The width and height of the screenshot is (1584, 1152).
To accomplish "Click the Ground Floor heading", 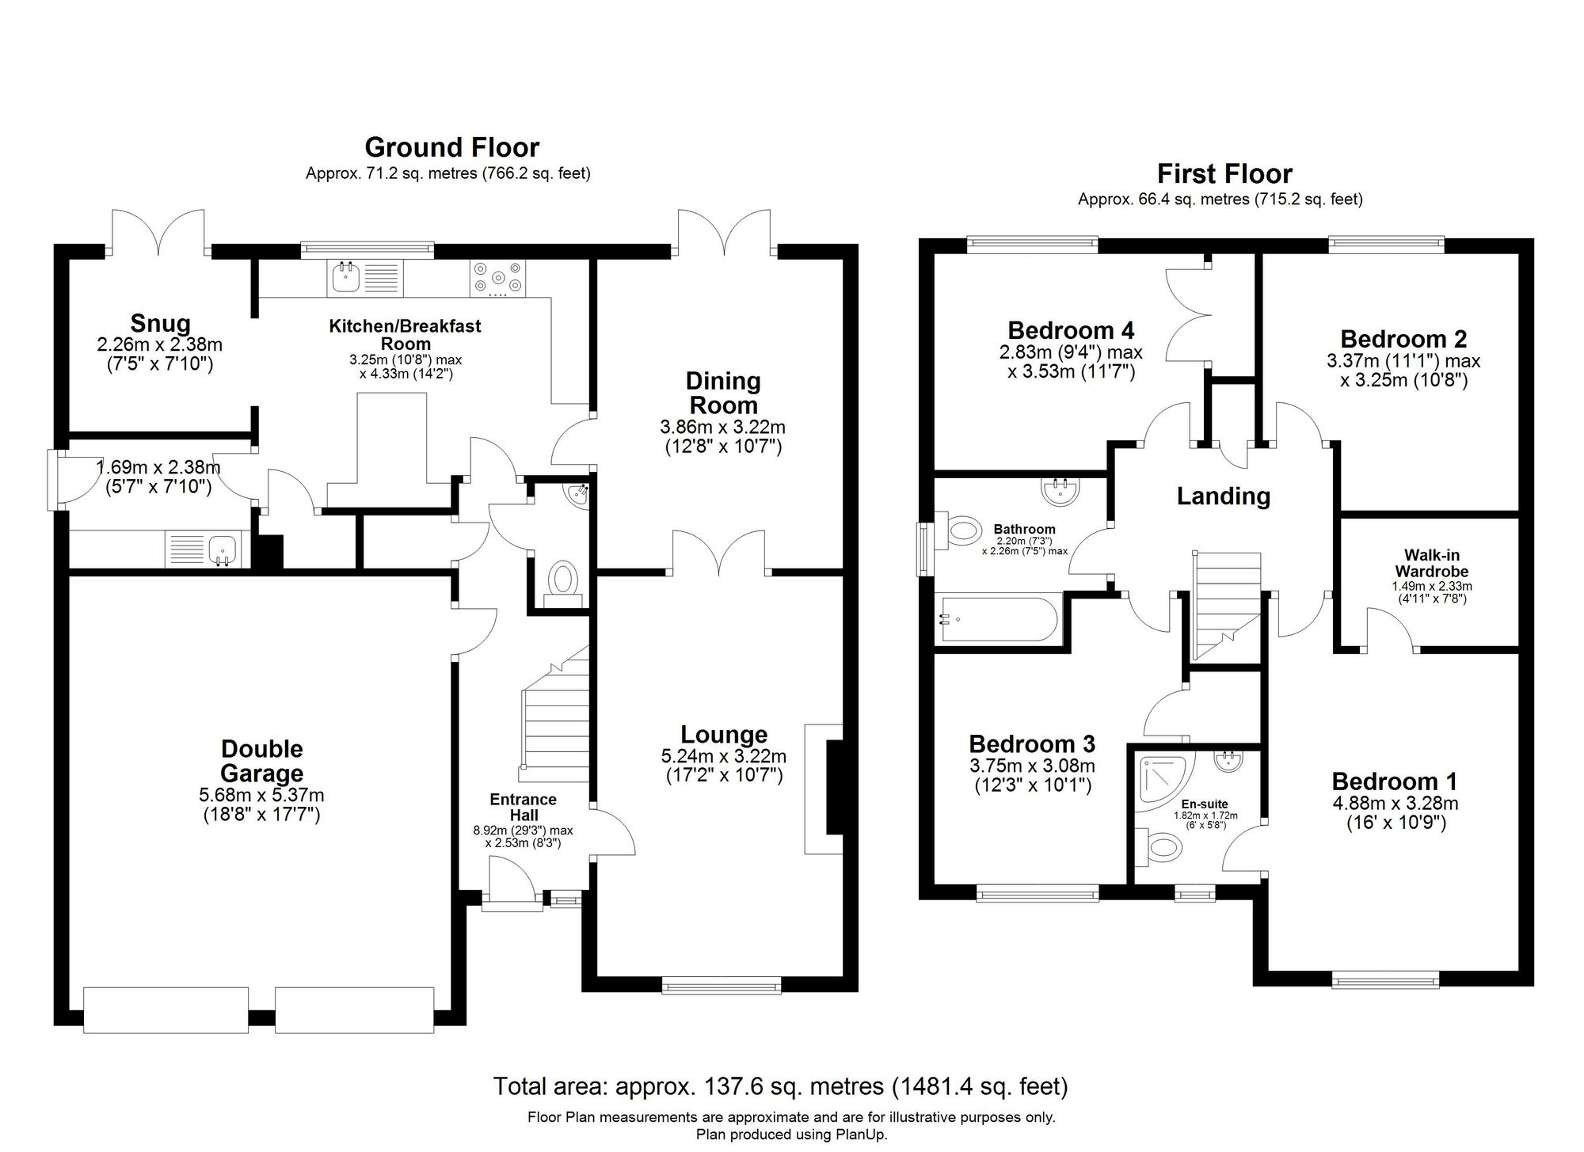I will (x=451, y=147).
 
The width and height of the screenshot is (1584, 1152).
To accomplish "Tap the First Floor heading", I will (x=1224, y=173).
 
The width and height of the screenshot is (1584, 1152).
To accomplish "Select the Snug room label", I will (x=160, y=323).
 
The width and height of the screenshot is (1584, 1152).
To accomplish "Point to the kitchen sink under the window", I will (x=345, y=277).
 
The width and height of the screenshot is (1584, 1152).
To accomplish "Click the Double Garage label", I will (x=261, y=761).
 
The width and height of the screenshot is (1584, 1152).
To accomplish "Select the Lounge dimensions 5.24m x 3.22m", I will (x=723, y=756).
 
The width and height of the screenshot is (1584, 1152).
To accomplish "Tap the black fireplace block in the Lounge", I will (x=834, y=787).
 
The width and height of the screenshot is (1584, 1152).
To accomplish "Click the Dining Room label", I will (x=722, y=393).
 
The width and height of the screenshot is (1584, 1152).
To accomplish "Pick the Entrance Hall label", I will (x=523, y=807).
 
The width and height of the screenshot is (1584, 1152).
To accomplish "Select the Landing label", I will (x=1223, y=496).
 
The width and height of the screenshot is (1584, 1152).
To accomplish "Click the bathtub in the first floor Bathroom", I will (x=996, y=619).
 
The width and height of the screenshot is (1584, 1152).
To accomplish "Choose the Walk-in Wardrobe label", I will (x=1431, y=563).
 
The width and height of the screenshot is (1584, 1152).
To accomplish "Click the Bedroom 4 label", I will (x=1070, y=329).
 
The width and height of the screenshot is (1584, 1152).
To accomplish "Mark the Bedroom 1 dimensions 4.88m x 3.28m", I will (x=1395, y=804).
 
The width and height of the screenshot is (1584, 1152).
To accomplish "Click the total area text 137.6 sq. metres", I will (x=780, y=1086).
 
